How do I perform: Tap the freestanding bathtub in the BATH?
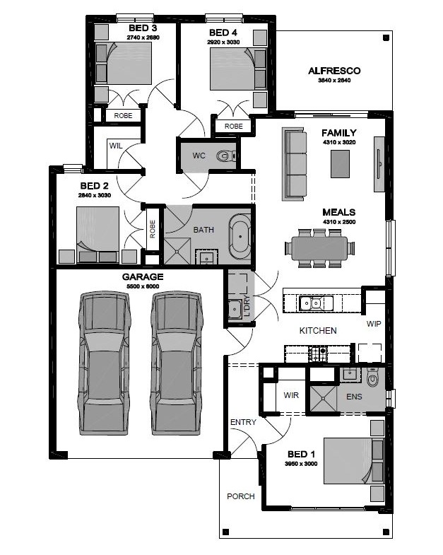click(x=240, y=236)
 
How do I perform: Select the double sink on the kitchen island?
click(x=316, y=303)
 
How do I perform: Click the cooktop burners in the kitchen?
click(x=318, y=354)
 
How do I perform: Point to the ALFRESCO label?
click(x=334, y=71)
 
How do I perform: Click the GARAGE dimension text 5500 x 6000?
click(x=143, y=286)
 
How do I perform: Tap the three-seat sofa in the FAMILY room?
click(x=294, y=164)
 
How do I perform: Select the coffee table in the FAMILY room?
click(x=340, y=164)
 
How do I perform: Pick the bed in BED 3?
click(x=124, y=64)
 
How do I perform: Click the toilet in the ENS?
click(x=372, y=377)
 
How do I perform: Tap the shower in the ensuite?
click(x=324, y=399)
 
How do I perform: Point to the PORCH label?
click(x=241, y=496)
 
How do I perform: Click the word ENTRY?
click(x=243, y=422)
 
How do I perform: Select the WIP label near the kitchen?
click(x=374, y=324)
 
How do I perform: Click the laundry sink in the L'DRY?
click(x=235, y=309)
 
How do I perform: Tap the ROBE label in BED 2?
click(x=153, y=229)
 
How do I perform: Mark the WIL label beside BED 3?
click(x=116, y=146)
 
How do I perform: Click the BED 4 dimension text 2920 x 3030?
click(x=223, y=42)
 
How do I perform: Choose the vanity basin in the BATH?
click(x=206, y=257)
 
